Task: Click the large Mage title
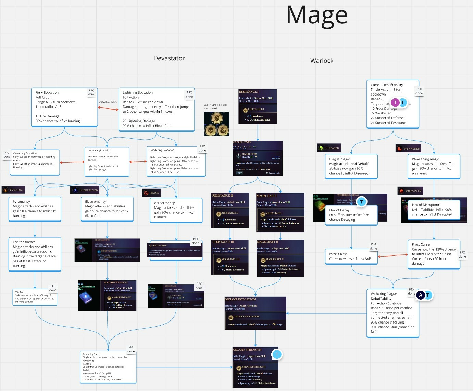pos(317,15)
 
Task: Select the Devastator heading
pos(169,58)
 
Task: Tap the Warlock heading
pos(322,61)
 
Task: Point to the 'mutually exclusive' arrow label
pos(108,102)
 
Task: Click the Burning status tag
pos(13,190)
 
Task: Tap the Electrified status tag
pos(85,190)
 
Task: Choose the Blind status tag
pos(151,193)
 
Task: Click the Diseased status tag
pos(329,148)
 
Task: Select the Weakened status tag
pos(408,149)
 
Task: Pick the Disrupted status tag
pos(410,191)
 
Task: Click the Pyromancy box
pos(35,209)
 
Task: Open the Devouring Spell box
pos(108,367)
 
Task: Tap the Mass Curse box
pos(351,256)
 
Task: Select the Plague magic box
pos(351,166)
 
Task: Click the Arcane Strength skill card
pos(255,367)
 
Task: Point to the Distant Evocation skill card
pos(255,313)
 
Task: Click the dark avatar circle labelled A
pos(421,295)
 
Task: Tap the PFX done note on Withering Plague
pos(411,291)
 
